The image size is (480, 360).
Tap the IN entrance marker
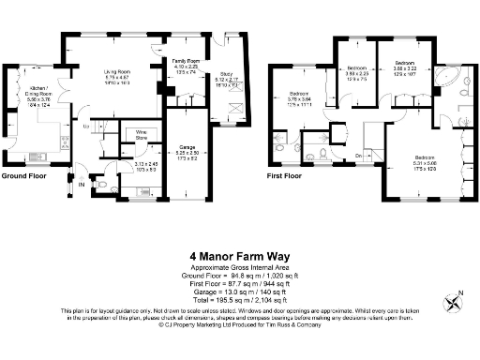coord(82,186)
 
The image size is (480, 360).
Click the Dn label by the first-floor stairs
coord(357,155)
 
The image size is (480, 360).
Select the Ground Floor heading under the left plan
coord(24,175)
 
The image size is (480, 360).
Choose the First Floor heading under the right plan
coord(287,175)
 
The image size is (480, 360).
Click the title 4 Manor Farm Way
coord(240,254)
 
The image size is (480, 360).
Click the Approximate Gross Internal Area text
coord(240,266)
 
